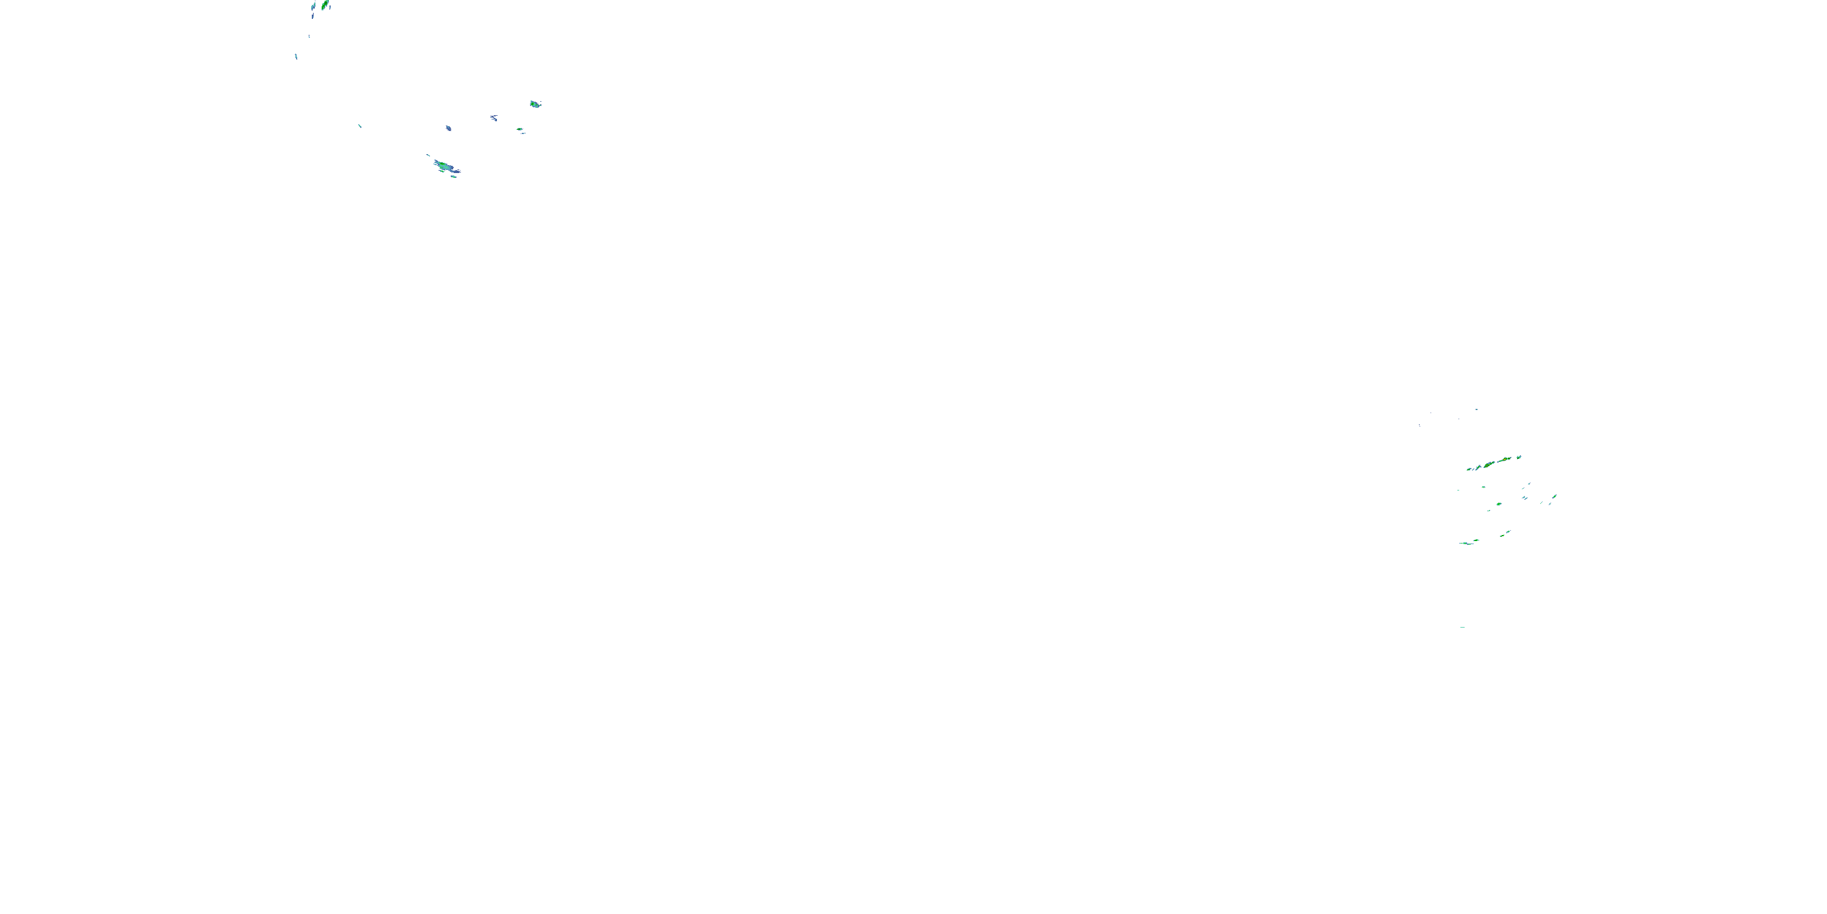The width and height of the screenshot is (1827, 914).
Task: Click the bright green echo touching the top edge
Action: click(325, 5)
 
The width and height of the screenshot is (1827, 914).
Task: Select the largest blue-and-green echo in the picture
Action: click(445, 168)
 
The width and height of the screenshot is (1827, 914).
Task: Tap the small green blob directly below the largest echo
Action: click(454, 177)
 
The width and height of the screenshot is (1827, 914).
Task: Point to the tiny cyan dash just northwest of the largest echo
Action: click(428, 155)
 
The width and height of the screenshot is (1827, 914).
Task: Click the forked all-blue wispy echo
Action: click(494, 118)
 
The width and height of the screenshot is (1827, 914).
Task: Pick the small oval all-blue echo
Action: click(448, 129)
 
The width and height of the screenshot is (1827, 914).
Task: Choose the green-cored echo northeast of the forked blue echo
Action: click(535, 104)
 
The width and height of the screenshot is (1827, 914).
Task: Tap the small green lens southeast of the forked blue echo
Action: click(520, 130)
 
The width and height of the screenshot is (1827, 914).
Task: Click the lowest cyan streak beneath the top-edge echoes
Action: click(297, 56)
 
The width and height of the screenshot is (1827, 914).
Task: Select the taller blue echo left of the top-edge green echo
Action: click(313, 8)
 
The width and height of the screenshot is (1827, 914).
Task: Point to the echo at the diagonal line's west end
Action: click(1469, 469)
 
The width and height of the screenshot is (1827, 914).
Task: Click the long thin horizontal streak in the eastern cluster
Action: click(1466, 544)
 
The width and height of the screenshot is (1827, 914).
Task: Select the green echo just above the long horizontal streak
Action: click(1477, 540)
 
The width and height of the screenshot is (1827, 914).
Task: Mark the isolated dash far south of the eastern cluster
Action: click(1462, 628)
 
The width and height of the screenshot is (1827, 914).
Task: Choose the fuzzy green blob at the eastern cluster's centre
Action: click(1499, 504)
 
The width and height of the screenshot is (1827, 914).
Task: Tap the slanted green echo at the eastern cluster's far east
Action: click(1555, 496)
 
